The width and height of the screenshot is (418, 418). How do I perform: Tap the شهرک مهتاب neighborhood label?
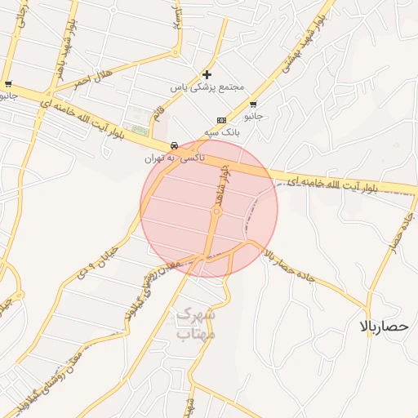point(194,323)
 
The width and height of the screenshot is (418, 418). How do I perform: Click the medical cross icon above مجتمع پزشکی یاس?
point(207,74)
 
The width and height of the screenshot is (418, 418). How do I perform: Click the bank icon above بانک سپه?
point(220,119)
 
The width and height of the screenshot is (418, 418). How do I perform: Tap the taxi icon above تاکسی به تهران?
point(173,145)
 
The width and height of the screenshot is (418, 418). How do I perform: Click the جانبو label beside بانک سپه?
point(255,116)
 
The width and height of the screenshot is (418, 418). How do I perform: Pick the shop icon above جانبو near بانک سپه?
point(253,104)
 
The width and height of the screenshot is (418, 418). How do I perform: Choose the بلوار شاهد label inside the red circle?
point(221,186)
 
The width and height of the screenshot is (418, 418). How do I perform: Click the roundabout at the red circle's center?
point(216,211)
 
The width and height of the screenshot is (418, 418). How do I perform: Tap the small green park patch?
point(141,129)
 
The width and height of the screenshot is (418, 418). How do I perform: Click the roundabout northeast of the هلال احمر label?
point(175,54)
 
